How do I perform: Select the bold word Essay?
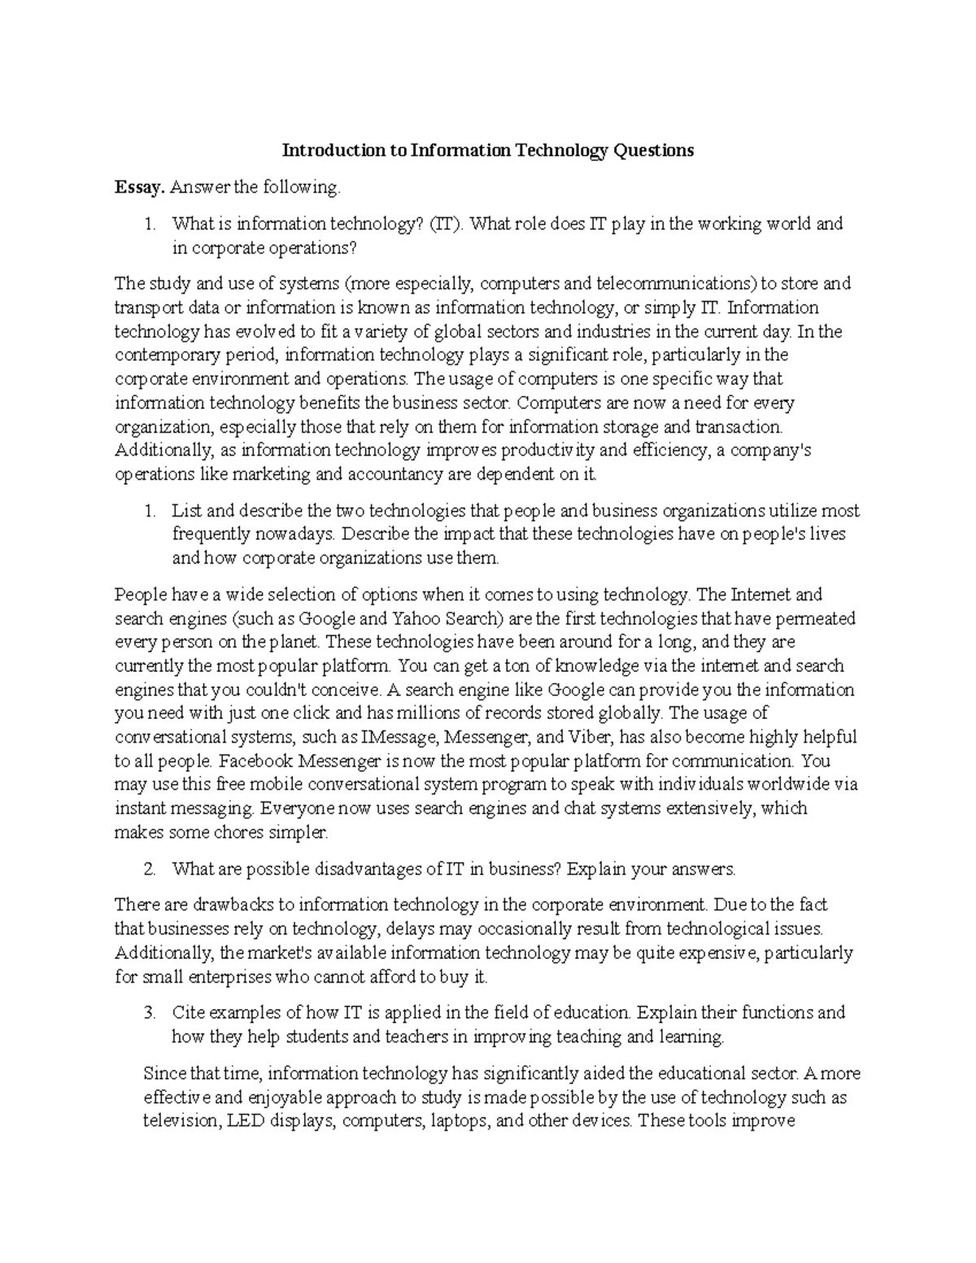(x=140, y=188)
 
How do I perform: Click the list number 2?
(x=149, y=869)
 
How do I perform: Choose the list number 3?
(x=149, y=1013)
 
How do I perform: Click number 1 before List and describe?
(x=149, y=512)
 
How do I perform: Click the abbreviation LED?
(x=243, y=1121)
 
